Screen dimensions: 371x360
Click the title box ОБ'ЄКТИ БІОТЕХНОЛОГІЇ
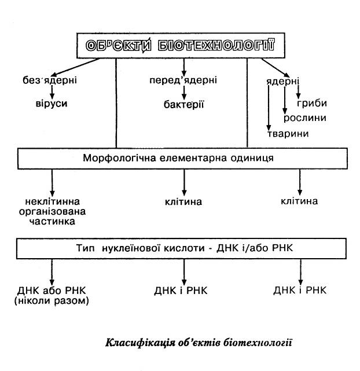point(179,46)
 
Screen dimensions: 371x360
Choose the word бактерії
point(184,105)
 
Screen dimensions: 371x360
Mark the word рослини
point(305,118)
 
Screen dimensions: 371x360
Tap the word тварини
point(288,134)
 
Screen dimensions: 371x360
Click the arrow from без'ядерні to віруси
point(52,91)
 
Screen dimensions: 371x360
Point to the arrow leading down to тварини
point(269,110)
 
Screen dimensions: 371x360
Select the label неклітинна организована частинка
point(54,212)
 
